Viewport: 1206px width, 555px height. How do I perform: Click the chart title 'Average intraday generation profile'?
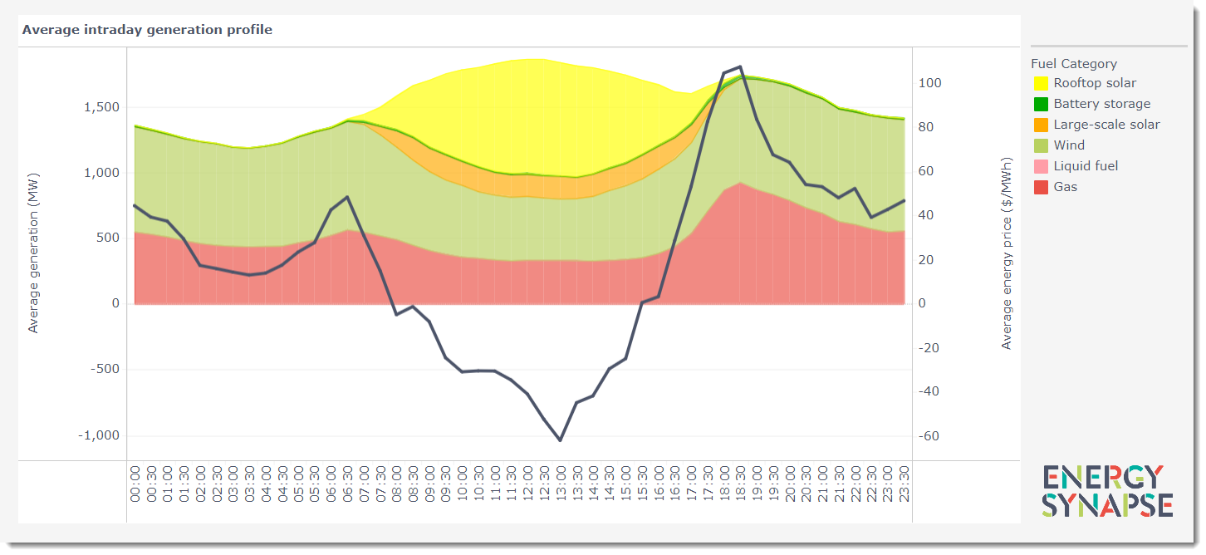(147, 30)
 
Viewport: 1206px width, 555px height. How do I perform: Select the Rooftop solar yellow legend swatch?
(1041, 84)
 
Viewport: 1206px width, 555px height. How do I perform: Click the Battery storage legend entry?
(1101, 104)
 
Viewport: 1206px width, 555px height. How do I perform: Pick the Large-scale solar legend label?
(1106, 125)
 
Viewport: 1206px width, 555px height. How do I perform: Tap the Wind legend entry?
(1068, 145)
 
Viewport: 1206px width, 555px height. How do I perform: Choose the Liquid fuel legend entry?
(1086, 166)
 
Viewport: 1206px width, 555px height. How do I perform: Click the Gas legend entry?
(1065, 187)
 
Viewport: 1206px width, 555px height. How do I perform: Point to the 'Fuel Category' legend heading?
(1074, 64)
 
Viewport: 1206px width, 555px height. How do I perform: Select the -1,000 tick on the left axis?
(99, 435)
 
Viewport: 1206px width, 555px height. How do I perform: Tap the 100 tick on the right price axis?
(929, 83)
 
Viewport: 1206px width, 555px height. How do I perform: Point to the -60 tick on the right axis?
(929, 435)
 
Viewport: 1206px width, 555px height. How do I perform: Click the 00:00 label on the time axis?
(135, 484)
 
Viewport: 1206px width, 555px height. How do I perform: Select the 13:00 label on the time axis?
(560, 484)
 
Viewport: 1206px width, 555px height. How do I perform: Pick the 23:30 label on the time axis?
(903, 484)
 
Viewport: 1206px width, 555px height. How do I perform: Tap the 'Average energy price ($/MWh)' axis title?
(1007, 253)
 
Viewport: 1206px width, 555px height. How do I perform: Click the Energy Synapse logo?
(1107, 491)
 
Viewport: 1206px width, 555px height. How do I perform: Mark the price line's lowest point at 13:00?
(560, 440)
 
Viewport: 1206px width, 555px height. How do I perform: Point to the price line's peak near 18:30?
(739, 66)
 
